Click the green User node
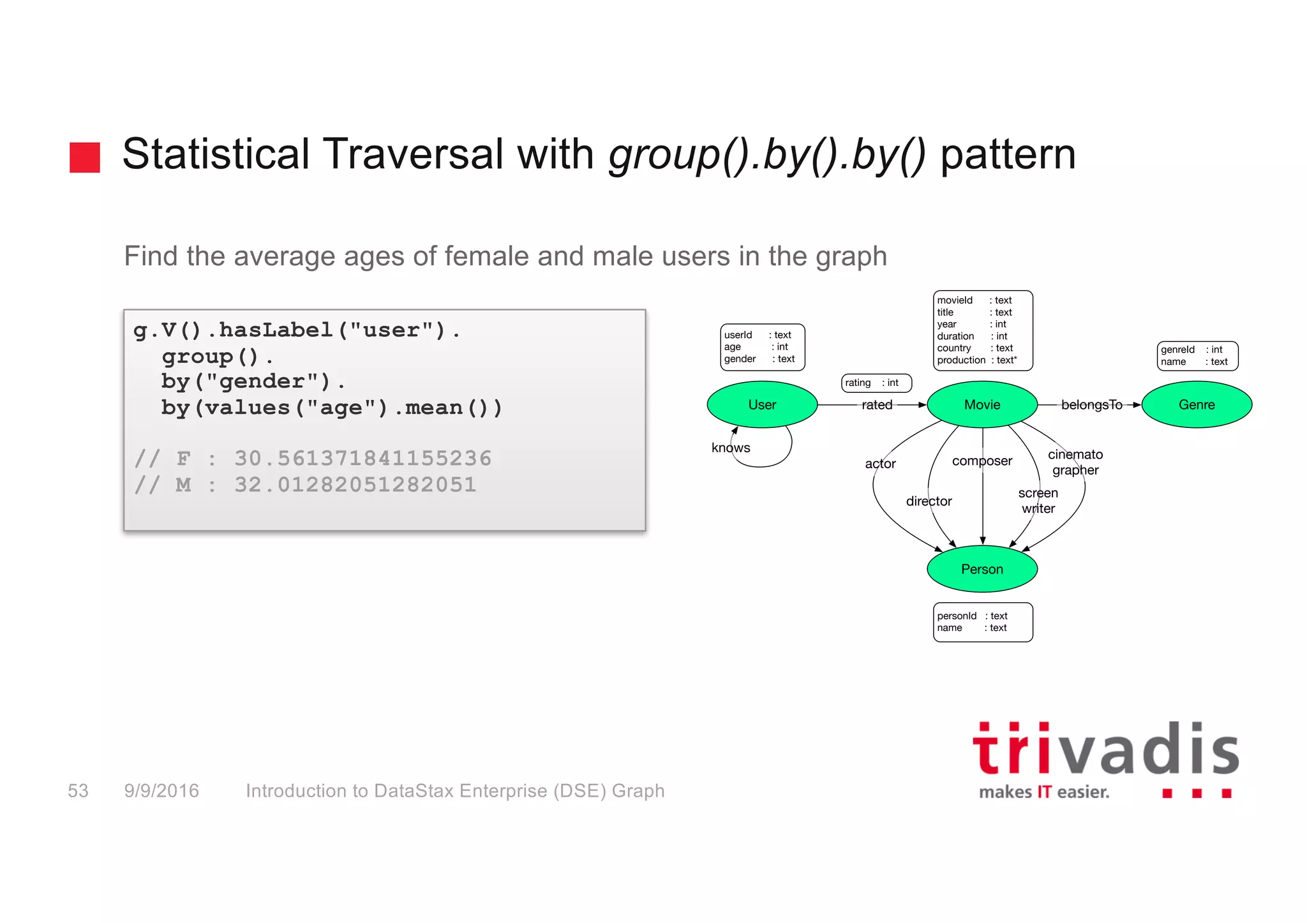click(x=762, y=404)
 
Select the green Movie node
click(x=982, y=404)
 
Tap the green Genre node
click(x=1197, y=404)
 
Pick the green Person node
click(x=982, y=569)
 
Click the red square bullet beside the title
click(x=85, y=157)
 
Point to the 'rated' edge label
click(x=877, y=405)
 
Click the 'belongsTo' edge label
click(x=1091, y=405)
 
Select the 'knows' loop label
click(x=731, y=448)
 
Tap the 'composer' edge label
click(x=982, y=461)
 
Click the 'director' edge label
click(x=929, y=501)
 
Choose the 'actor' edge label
click(x=880, y=464)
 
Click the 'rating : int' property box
click(x=876, y=383)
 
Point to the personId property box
click(x=982, y=622)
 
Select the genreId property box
click(x=1197, y=356)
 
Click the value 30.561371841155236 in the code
click(x=362, y=459)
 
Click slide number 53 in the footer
click(x=78, y=791)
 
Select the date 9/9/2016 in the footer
click(x=161, y=791)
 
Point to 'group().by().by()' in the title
click(x=766, y=155)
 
